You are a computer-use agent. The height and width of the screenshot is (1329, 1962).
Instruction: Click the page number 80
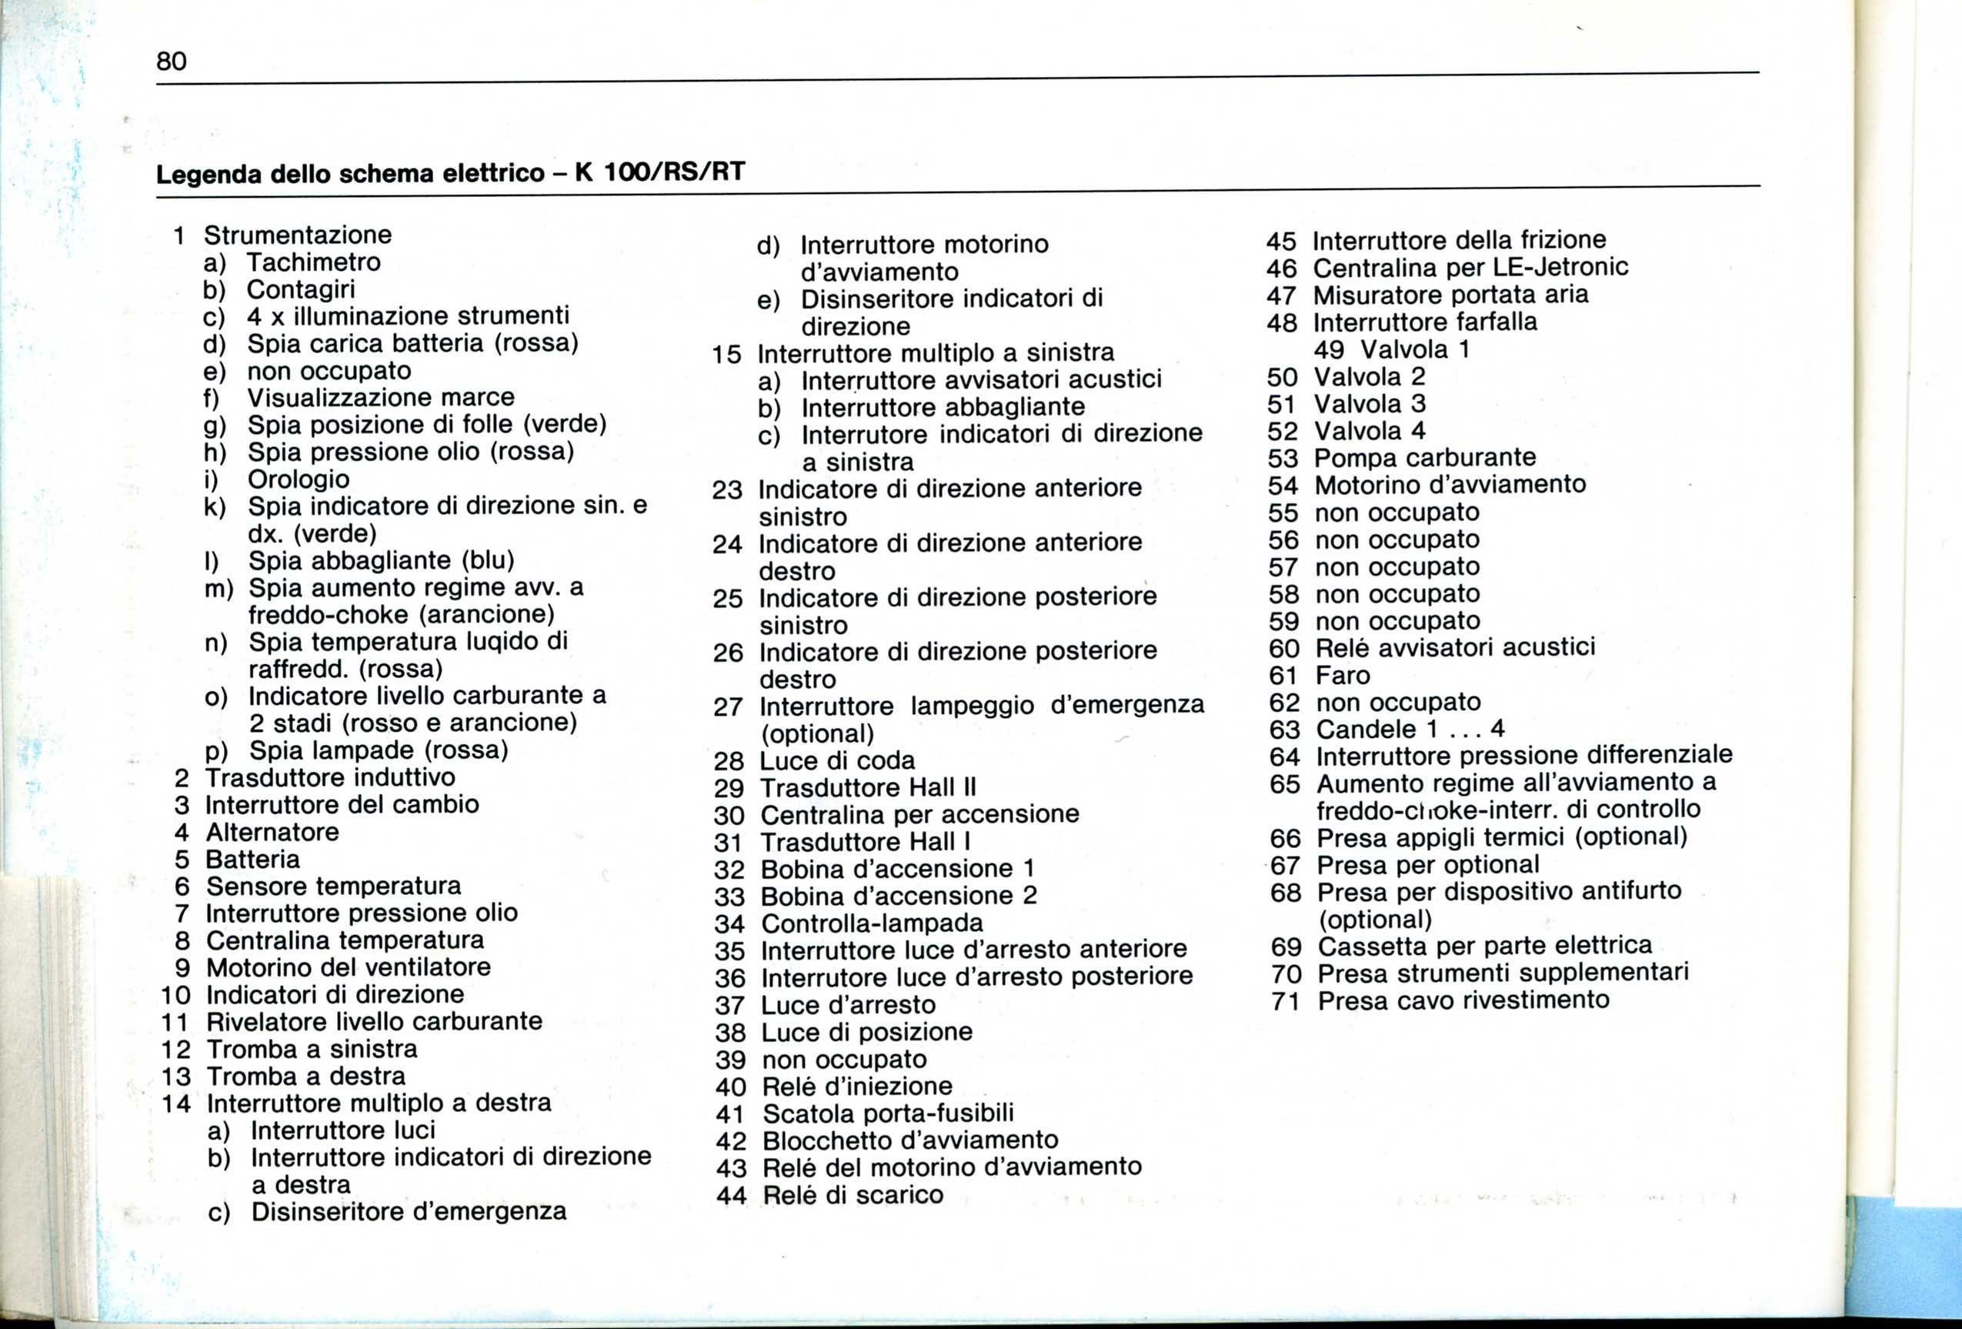pos(172,62)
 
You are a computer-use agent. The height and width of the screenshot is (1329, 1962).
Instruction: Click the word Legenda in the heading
pos(209,174)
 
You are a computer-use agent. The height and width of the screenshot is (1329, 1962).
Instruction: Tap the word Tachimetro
pos(313,262)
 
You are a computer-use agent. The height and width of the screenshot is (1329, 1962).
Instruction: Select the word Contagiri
pos(301,289)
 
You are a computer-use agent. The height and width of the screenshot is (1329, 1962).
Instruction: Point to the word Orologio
pos(298,479)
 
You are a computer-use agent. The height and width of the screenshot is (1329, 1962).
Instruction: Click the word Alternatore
pos(272,833)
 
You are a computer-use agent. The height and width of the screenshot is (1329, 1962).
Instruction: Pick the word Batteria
pos(252,860)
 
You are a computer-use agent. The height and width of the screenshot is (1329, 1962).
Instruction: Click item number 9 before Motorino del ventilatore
pos(182,967)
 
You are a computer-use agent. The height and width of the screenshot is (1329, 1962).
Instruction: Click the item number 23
pos(727,490)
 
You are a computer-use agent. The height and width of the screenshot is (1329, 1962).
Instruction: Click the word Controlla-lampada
pos(872,923)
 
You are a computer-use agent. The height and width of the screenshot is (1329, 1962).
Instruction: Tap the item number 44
pos(731,1196)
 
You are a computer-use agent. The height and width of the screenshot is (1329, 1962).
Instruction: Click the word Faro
pos(1343,676)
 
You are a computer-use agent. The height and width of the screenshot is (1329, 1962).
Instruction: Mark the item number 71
pos(1286,1002)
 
